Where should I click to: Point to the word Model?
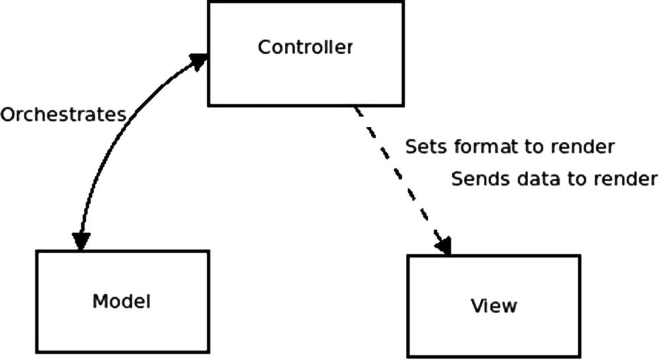coord(122,302)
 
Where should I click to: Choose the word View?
coord(494,306)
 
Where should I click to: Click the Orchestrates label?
coord(63,115)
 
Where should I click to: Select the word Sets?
coord(423,146)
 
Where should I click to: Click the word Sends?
coord(475,179)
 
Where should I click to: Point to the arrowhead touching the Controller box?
coord(198,61)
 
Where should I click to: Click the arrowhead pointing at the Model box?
coord(81,241)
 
